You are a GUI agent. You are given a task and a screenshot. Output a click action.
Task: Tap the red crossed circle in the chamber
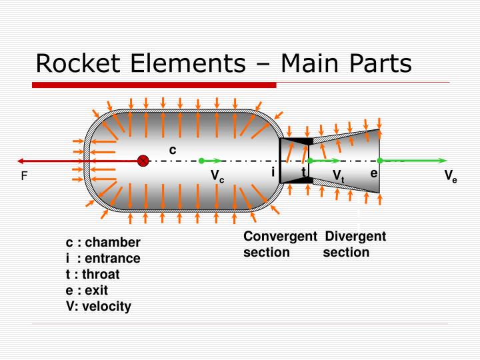[x=143, y=161]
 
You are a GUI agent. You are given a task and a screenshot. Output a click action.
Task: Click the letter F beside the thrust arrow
[x=24, y=177]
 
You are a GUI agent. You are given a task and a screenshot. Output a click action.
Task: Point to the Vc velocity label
[x=217, y=177]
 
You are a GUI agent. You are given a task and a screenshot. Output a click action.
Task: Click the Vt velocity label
[x=338, y=175]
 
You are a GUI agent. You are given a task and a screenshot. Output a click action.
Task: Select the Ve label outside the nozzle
[x=451, y=177]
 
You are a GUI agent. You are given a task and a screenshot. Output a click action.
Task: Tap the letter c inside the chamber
[x=172, y=149]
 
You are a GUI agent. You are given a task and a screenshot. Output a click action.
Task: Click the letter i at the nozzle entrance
[x=273, y=172]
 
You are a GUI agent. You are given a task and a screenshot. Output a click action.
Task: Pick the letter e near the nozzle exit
[x=374, y=172]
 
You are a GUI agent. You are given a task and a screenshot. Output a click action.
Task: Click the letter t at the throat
[x=303, y=171]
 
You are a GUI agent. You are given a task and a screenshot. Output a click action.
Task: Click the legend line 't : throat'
[x=93, y=274]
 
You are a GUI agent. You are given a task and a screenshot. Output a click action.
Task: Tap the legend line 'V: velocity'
[x=99, y=306]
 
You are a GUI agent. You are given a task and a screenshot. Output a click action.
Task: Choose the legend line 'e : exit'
[x=87, y=290]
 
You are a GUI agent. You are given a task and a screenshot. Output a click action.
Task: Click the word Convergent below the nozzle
[x=279, y=237]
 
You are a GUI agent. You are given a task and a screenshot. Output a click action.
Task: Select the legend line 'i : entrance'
[x=103, y=258]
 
